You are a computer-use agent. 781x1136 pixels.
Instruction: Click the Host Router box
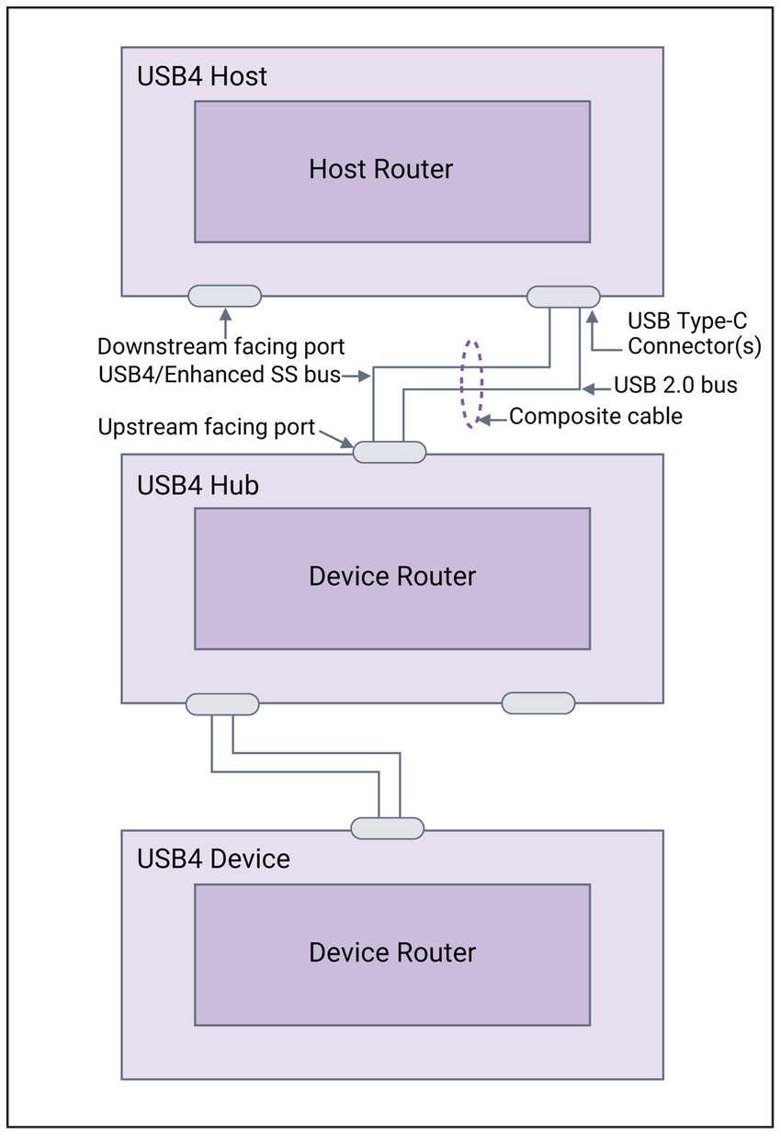pos(391,172)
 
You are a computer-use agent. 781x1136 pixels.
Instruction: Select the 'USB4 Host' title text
pos(202,76)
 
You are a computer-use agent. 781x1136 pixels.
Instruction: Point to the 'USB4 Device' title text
pos(213,859)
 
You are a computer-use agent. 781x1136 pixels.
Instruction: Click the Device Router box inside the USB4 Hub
pos(391,579)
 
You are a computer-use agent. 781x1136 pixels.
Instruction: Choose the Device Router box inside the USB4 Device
pos(391,954)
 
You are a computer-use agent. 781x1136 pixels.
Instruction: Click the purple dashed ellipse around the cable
pos(471,384)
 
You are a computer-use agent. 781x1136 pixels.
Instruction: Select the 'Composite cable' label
pos(595,416)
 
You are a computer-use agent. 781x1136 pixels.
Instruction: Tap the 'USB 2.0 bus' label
pos(675,385)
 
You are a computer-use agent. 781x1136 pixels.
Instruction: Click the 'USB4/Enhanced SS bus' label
pos(219,374)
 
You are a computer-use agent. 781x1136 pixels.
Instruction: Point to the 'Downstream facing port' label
pos(221,347)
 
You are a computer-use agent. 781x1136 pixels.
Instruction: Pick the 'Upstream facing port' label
pos(206,428)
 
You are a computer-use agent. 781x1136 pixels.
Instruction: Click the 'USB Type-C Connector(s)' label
pos(694,334)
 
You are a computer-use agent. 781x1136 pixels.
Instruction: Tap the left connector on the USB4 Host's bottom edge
pos(224,296)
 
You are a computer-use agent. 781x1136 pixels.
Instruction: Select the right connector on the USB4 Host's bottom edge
pos(563,296)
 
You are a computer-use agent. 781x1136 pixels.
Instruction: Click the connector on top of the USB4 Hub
pos(390,452)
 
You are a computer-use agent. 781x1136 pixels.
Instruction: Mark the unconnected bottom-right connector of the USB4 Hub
pos(538,703)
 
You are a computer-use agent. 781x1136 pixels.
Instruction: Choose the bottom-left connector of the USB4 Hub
pos(222,704)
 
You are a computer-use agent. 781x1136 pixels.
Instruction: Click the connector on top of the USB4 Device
pos(388,828)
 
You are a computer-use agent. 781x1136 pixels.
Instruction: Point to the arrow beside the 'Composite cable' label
pos(492,418)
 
